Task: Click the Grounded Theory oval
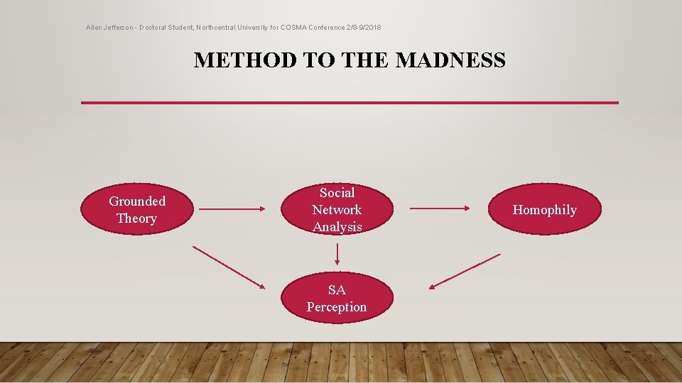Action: tap(137, 209)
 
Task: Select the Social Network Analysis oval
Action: tap(337, 209)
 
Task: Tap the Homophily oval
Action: tap(545, 209)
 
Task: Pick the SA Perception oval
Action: tap(337, 298)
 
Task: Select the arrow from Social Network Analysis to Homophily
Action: tap(439, 209)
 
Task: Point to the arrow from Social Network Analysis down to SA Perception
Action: tap(337, 253)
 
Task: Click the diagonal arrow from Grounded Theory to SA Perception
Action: tap(227, 266)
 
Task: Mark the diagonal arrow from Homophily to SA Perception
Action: tap(465, 271)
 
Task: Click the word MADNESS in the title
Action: tap(450, 60)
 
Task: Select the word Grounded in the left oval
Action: tap(137, 201)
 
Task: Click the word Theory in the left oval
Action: tap(136, 218)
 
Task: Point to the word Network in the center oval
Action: tap(337, 210)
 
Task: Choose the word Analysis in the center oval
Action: tap(337, 227)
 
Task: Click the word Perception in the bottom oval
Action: tap(337, 307)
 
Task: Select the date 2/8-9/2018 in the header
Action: tap(363, 27)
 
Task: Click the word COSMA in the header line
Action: tap(295, 27)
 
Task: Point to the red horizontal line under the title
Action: tap(350, 103)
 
